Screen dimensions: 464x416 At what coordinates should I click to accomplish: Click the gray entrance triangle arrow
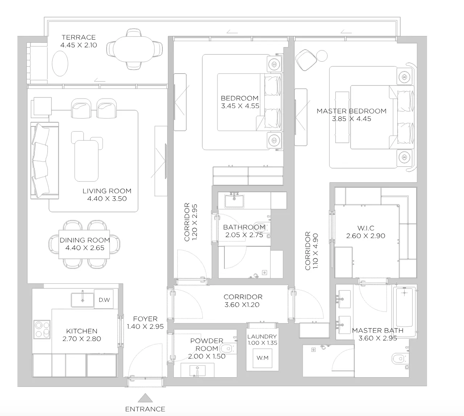(x=145, y=398)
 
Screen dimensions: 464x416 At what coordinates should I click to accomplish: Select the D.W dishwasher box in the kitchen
(x=104, y=299)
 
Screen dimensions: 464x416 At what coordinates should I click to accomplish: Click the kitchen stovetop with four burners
(x=42, y=329)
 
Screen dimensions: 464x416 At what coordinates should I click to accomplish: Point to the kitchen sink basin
(x=82, y=300)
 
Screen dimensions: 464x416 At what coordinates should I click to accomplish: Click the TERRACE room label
(x=79, y=37)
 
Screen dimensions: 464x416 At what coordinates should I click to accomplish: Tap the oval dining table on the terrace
(x=134, y=49)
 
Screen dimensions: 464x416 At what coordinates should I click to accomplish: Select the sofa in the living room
(x=45, y=160)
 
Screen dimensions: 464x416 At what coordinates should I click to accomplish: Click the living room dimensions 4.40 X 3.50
(x=107, y=199)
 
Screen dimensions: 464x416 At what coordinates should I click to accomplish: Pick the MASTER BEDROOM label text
(x=352, y=111)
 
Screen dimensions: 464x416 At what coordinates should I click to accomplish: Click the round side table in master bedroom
(x=322, y=56)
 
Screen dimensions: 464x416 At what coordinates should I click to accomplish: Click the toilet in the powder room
(x=227, y=349)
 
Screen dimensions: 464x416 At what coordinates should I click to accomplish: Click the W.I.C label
(x=366, y=228)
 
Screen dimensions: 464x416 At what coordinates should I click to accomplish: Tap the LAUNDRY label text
(x=262, y=337)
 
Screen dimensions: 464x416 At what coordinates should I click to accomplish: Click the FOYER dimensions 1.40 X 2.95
(x=145, y=326)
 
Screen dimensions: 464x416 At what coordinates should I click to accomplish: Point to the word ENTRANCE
(x=145, y=409)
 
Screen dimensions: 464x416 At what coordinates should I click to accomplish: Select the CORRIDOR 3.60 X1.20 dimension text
(x=242, y=304)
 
